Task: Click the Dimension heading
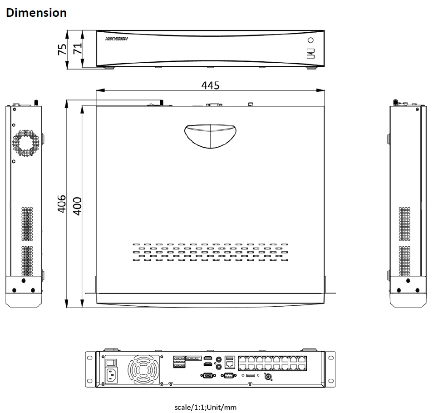36,13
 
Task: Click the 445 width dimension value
210,85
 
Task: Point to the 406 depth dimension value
62,204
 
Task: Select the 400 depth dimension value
77,206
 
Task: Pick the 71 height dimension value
78,48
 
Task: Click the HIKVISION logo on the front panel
116,39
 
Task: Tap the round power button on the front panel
311,40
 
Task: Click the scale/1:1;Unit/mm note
205,407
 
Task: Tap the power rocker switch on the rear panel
112,362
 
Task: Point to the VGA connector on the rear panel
207,376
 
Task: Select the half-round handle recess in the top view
210,136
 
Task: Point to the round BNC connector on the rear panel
268,377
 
